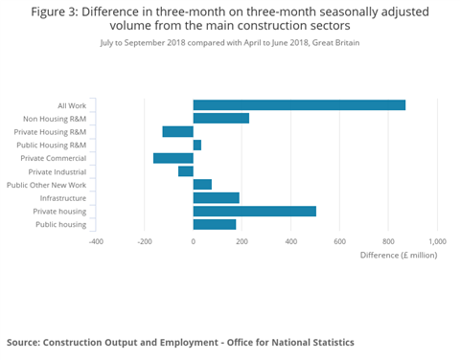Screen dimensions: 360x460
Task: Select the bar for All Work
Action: pyautogui.click(x=299, y=105)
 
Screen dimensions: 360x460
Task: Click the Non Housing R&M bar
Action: pyautogui.click(x=221, y=118)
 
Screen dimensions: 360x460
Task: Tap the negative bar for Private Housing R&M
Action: pyautogui.click(x=178, y=131)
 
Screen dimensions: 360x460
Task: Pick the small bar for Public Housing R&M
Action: pyautogui.click(x=197, y=145)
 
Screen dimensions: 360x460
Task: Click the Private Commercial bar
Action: pyautogui.click(x=173, y=158)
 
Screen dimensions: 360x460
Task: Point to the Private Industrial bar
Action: pyautogui.click(x=186, y=171)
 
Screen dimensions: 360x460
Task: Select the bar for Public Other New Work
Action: pyautogui.click(x=202, y=185)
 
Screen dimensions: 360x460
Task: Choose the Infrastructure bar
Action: pyautogui.click(x=217, y=198)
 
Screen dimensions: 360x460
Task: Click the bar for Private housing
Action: pyautogui.click(x=255, y=212)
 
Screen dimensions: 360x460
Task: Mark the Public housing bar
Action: pyautogui.click(x=215, y=225)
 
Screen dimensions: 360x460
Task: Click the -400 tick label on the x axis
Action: pyautogui.click(x=96, y=241)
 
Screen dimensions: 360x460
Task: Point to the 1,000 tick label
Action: pyautogui.click(x=438, y=241)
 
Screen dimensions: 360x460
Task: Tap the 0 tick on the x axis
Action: pyautogui.click(x=194, y=241)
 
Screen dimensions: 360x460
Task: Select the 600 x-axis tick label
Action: pyautogui.click(x=340, y=241)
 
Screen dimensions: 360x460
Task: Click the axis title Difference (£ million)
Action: pyautogui.click(x=399, y=256)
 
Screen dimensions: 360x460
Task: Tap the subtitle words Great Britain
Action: pyautogui.click(x=336, y=43)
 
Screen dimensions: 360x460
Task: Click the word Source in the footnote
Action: pyautogui.click(x=26, y=342)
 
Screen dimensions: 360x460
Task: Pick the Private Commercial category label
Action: pyautogui.click(x=54, y=158)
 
